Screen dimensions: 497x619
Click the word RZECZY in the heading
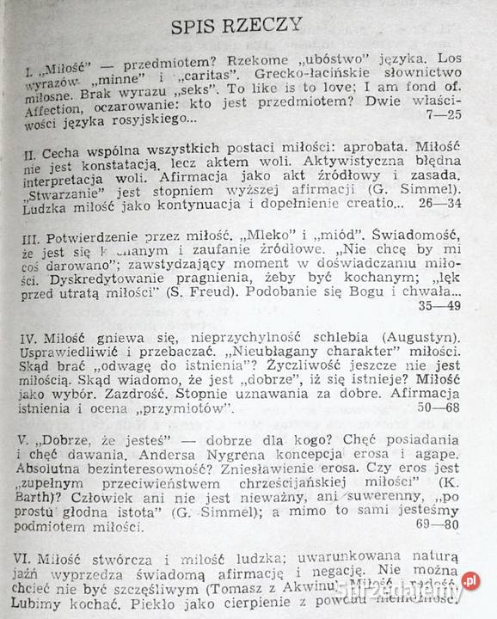[263, 24]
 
